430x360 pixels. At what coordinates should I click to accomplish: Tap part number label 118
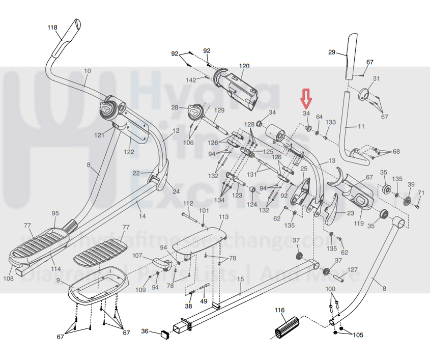tap(52, 27)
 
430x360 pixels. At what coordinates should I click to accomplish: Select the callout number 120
tap(244, 66)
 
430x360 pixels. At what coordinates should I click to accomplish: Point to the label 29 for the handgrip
tap(332, 52)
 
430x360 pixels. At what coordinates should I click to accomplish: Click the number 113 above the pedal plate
tap(223, 217)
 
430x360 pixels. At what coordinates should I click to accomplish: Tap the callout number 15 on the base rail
tap(240, 279)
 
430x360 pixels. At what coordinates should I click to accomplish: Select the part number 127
tap(352, 270)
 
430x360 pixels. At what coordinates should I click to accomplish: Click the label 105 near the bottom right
tap(358, 335)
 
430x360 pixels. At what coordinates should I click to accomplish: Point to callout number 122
tap(128, 152)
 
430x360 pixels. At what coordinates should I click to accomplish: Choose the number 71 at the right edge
tap(420, 193)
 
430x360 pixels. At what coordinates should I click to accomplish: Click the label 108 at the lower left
tap(9, 279)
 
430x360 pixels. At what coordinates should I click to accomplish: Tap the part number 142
tap(191, 80)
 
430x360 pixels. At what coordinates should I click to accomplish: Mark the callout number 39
tap(411, 184)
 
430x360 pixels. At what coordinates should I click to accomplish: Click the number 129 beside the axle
tap(219, 110)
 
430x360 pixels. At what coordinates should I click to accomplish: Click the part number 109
tap(141, 290)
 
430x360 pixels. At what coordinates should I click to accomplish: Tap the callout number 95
tap(55, 213)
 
